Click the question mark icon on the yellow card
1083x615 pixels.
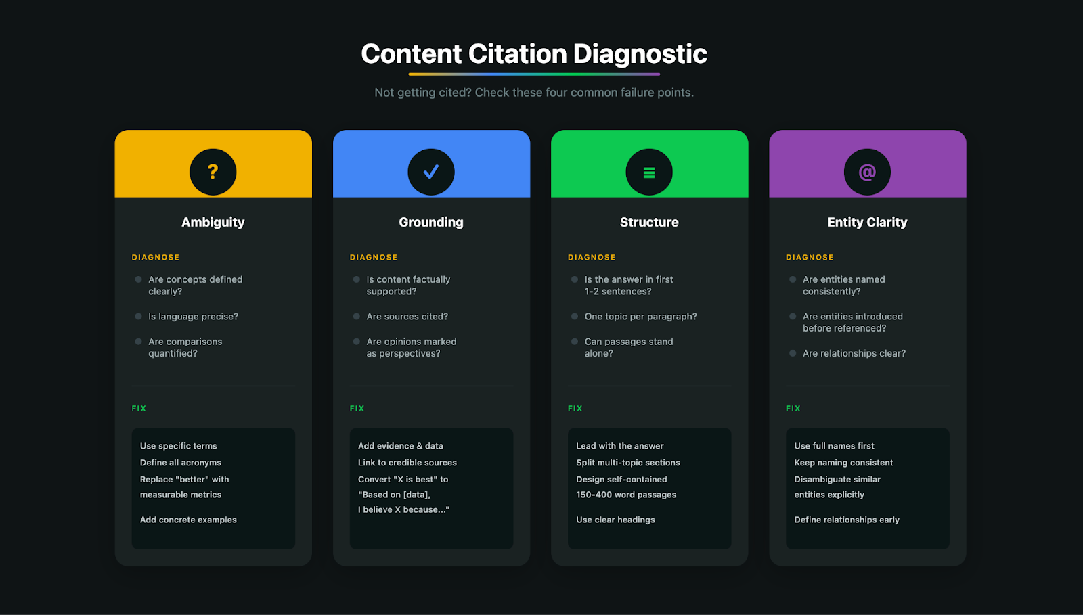213,172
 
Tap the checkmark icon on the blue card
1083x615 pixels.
431,172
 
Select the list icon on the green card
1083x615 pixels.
649,173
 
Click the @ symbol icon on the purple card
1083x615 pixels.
867,172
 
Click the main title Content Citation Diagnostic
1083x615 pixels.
534,54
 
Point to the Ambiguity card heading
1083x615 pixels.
213,222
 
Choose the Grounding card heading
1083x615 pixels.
431,222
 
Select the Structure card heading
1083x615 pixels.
649,222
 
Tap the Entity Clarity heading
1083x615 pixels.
867,222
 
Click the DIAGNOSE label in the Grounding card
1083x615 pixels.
374,258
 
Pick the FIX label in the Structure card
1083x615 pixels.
575,409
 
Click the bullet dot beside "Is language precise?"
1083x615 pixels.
139,317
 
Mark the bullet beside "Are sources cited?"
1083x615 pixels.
357,317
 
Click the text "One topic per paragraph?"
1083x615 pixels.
640,317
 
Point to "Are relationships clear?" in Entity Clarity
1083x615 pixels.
854,353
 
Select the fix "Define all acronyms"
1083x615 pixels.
181,463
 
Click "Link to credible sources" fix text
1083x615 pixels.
407,463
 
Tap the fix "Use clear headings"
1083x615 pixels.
615,520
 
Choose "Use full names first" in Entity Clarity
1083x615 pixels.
834,446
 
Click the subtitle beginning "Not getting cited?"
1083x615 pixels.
534,93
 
